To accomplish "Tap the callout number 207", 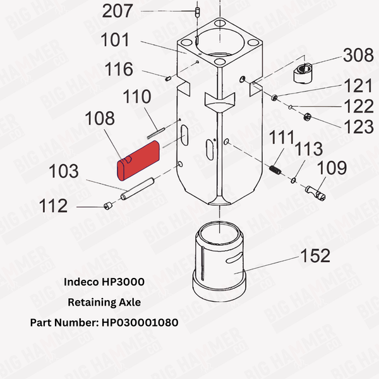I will tap(119, 11).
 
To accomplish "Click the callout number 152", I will tap(314, 256).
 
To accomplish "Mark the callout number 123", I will tap(358, 126).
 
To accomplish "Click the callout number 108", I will tap(99, 119).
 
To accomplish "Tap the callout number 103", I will tap(64, 172).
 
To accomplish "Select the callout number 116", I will tap(119, 69).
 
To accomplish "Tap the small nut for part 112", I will tap(108, 205).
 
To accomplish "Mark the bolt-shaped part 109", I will tap(315, 191).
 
